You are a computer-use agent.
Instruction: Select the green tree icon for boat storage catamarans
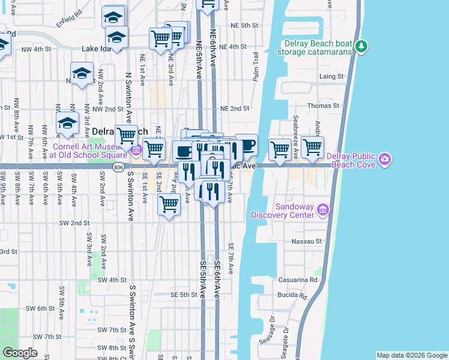click(x=361, y=46)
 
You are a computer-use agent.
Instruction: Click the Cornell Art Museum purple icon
click(x=136, y=150)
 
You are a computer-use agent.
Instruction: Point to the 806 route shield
click(x=118, y=169)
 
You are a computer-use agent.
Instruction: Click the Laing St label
click(x=331, y=77)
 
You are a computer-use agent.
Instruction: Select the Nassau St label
click(x=307, y=241)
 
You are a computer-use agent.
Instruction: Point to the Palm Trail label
click(x=256, y=67)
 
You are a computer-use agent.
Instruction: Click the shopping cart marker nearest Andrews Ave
click(x=312, y=148)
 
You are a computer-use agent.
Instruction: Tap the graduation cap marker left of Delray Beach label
click(x=68, y=124)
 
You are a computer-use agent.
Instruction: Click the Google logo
click(x=20, y=353)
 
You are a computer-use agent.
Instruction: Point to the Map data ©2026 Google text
click(x=412, y=355)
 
